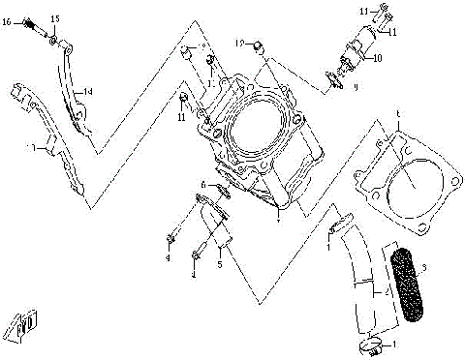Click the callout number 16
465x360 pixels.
[6, 19]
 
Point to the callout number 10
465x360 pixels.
[378, 58]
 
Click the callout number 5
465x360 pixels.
[220, 262]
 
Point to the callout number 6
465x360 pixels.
[202, 183]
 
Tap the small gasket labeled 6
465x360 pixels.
[221, 190]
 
